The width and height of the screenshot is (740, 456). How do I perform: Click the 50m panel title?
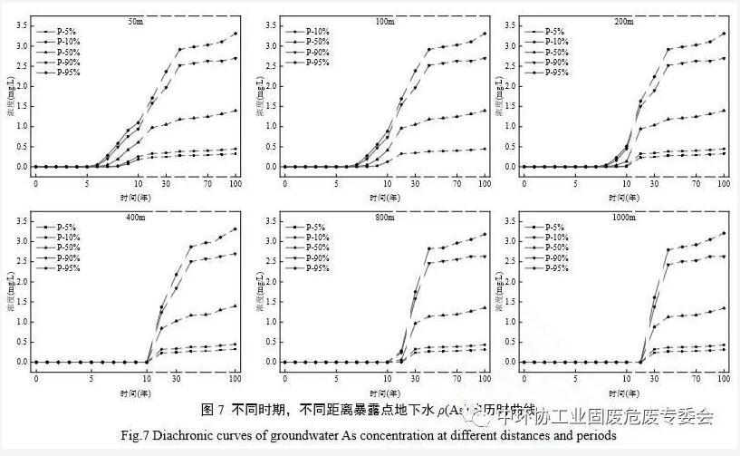click(136, 20)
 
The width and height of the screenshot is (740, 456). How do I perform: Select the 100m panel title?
click(384, 20)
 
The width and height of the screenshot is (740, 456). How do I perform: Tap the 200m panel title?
click(624, 20)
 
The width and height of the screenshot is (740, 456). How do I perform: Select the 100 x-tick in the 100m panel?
click(485, 184)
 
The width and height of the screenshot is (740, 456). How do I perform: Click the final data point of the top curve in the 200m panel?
click(723, 34)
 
